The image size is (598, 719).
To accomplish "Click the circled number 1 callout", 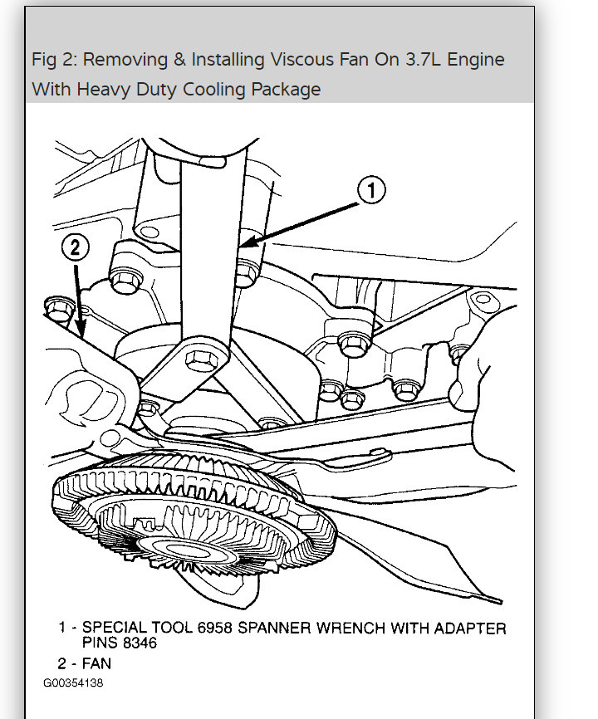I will tap(371, 191).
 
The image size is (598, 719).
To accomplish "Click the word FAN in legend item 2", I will tap(96, 663).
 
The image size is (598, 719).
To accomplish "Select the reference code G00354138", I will tap(74, 682).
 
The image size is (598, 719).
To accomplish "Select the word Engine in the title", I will tap(474, 60).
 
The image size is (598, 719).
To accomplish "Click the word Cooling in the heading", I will tap(203, 90).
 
